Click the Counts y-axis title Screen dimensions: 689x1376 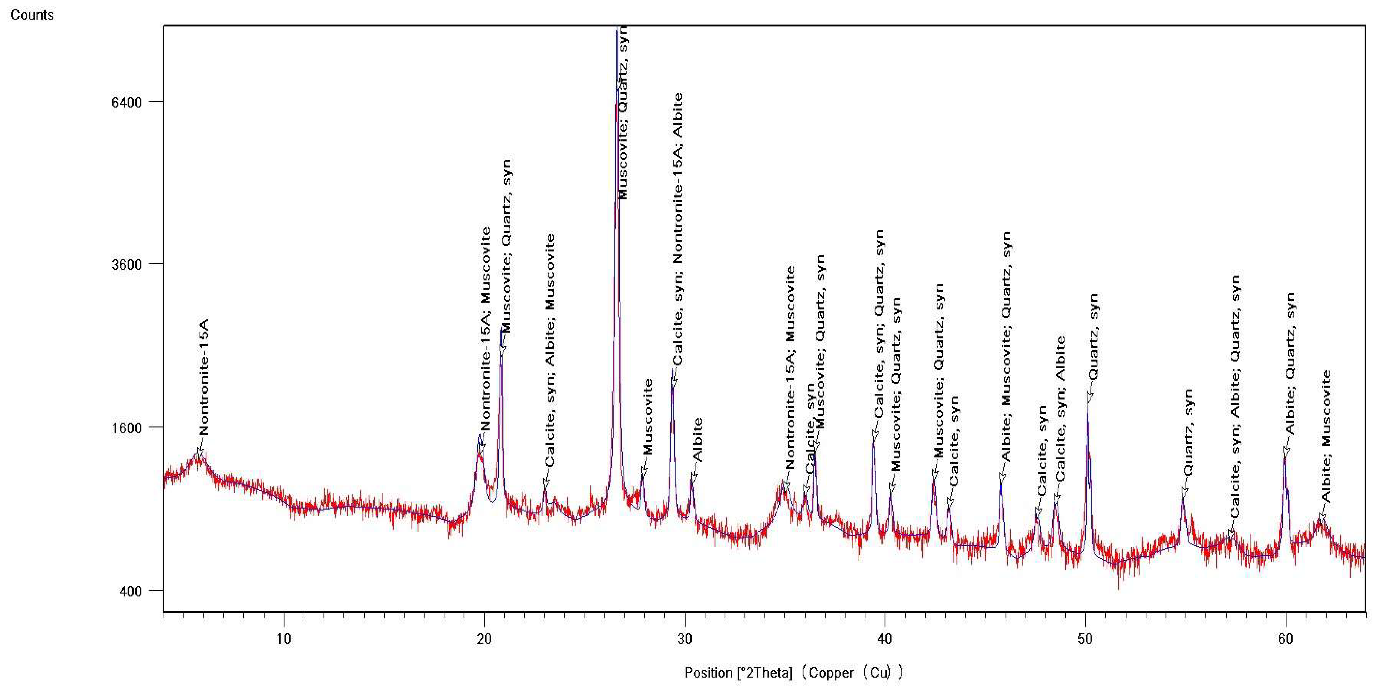[x=32, y=15]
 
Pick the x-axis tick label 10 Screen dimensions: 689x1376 [x=284, y=639]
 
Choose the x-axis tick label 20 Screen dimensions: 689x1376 [x=484, y=639]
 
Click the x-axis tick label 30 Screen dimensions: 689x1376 [x=684, y=639]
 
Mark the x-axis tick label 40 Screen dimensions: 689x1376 [x=885, y=639]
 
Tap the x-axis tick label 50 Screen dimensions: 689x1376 [x=1085, y=639]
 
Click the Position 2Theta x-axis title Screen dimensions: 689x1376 [x=793, y=673]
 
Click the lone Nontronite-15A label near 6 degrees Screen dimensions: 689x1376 [x=203, y=377]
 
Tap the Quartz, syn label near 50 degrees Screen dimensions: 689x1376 [x=1093, y=336]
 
